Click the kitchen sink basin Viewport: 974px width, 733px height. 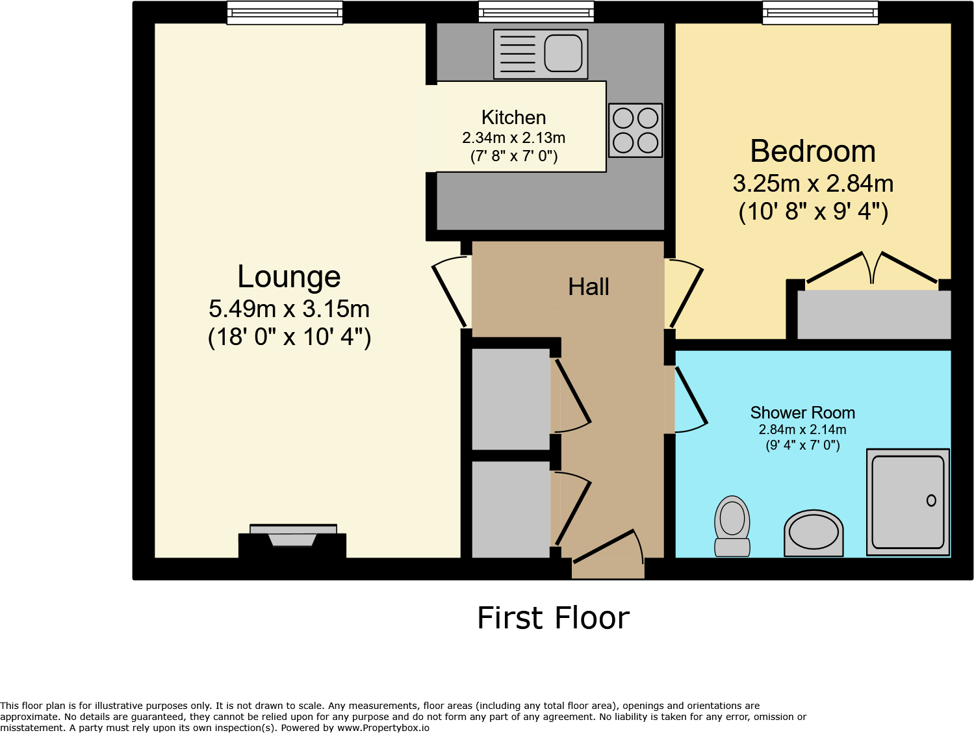563,53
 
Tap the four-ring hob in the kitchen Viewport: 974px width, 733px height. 635,130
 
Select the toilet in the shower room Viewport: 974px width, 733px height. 732,526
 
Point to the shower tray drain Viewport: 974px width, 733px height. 931,500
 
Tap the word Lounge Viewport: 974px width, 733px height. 289,277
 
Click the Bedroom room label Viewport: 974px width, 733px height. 813,151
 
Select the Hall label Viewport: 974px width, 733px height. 589,287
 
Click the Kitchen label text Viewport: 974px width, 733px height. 513,118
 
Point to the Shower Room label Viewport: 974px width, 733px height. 802,413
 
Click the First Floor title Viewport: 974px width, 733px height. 553,618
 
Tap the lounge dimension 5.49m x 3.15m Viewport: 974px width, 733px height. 289,309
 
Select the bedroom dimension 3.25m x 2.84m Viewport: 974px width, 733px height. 813,184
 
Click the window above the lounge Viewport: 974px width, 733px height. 285,12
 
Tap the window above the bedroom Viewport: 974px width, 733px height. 820,12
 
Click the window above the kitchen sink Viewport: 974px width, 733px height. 536,12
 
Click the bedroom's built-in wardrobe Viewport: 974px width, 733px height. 874,315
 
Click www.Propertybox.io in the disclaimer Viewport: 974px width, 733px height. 383,728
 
